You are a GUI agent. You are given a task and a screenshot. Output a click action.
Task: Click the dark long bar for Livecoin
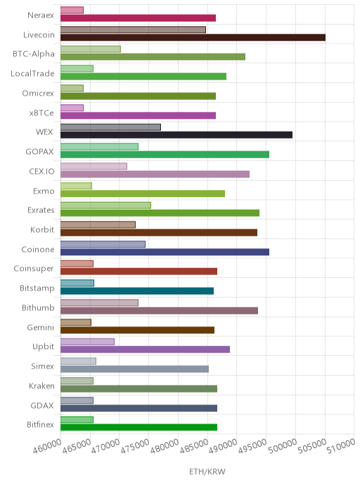[x=193, y=37]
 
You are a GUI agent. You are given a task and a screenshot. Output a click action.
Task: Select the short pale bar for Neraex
[x=72, y=10]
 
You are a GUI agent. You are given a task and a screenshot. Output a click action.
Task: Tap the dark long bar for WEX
[x=176, y=135]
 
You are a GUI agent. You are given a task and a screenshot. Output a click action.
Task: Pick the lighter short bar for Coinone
[x=103, y=244]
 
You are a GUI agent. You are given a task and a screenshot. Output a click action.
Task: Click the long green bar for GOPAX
[x=165, y=154]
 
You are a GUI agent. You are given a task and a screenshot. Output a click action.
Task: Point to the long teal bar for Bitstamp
[x=137, y=291]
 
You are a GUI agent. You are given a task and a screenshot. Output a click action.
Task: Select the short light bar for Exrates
[x=105, y=205]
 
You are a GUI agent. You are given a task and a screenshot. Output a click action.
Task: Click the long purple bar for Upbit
[x=145, y=350]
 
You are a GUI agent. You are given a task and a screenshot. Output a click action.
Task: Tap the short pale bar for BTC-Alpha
[x=91, y=49]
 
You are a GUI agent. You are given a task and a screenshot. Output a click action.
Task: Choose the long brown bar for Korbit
[x=159, y=232]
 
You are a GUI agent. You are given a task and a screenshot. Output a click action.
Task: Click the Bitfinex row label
[x=40, y=425]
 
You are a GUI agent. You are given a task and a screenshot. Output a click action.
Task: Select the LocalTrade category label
[x=32, y=73]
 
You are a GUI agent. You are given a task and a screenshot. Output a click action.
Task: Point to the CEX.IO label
[x=41, y=172]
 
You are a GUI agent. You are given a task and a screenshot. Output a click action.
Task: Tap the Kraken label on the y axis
[x=41, y=386]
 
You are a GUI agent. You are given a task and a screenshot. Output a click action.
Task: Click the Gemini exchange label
[x=40, y=327]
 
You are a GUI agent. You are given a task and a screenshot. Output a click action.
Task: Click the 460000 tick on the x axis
[x=47, y=446]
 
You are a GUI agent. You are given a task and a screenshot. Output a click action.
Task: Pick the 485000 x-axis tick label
[x=194, y=446]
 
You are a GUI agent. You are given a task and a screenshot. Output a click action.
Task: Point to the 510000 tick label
[x=341, y=446]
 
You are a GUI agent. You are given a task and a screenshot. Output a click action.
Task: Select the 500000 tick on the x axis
[x=282, y=446]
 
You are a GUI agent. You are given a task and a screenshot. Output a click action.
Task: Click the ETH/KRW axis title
[x=207, y=471]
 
